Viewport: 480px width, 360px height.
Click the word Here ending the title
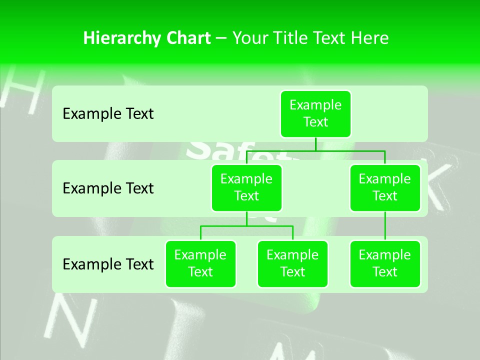pyautogui.click(x=369, y=38)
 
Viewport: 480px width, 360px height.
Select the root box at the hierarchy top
pyautogui.click(x=315, y=113)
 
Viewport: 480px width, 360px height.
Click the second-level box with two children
pyautogui.click(x=246, y=187)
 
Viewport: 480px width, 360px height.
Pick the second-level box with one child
pyautogui.click(x=384, y=187)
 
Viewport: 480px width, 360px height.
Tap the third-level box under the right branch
pyautogui.click(x=384, y=263)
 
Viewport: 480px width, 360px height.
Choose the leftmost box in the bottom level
pyautogui.click(x=200, y=263)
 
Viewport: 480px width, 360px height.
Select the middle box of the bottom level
pyautogui.click(x=292, y=263)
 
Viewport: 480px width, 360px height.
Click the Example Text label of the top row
pyautogui.click(x=108, y=114)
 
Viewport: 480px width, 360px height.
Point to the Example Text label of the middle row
pyautogui.click(x=108, y=188)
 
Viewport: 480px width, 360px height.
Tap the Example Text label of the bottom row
pyautogui.click(x=108, y=264)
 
